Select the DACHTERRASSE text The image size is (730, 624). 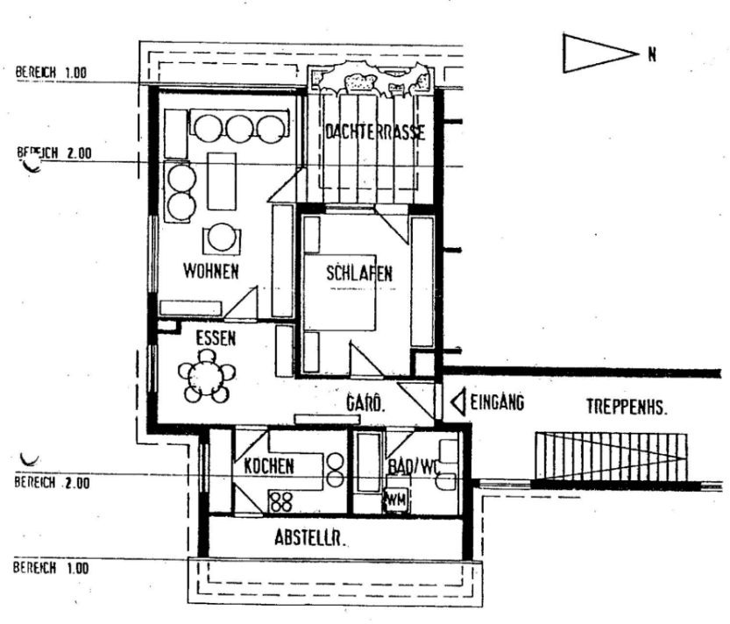coord(374,133)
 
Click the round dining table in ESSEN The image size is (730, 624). coord(206,378)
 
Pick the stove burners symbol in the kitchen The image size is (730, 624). coord(280,501)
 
